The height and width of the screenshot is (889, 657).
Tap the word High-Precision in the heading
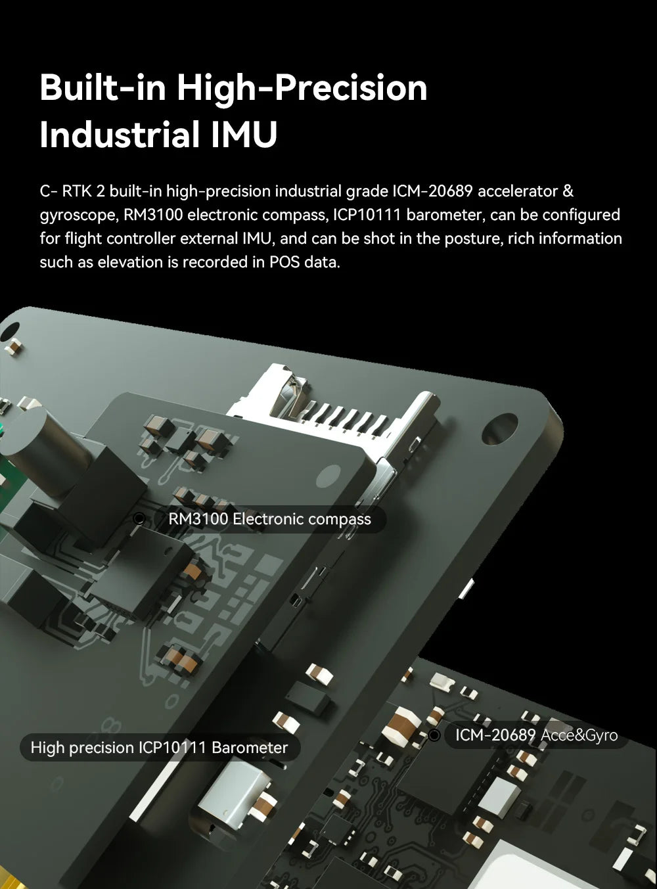(302, 87)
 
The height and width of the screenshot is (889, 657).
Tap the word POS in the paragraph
(284, 262)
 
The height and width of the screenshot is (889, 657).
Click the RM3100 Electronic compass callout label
(269, 519)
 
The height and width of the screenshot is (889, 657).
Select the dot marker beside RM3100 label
(139, 519)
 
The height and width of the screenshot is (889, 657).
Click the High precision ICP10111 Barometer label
(159, 747)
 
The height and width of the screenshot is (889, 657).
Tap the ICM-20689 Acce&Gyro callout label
(536, 735)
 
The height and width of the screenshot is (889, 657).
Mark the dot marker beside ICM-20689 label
(434, 735)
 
